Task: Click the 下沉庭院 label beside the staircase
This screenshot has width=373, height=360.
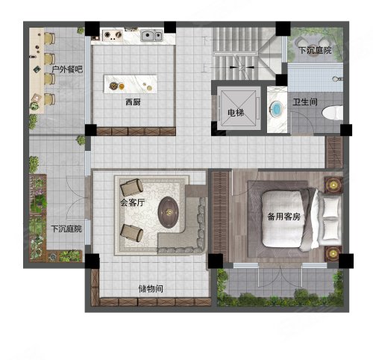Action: click(314, 52)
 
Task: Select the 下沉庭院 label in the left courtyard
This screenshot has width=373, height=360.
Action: click(65, 229)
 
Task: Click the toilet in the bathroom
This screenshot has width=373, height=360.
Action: click(332, 113)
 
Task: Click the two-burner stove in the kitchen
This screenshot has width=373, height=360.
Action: click(116, 34)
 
